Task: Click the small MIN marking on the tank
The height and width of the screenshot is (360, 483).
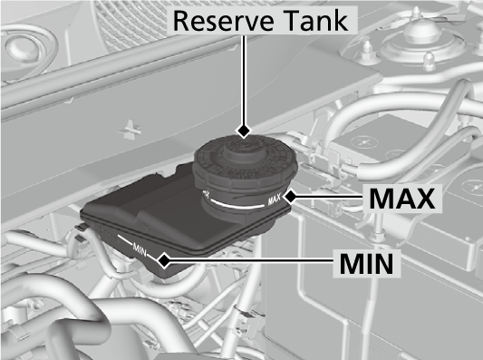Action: coord(139,247)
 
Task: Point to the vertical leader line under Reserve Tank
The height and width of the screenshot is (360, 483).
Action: coord(242,86)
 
